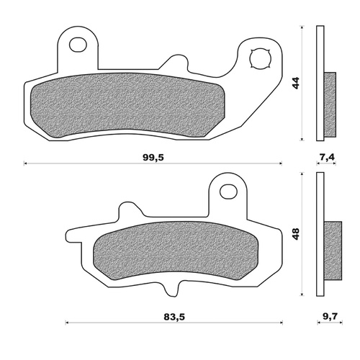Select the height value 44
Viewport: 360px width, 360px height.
coord(294,83)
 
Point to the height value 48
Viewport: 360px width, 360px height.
coord(294,233)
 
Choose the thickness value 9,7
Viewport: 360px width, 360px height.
coord(328,314)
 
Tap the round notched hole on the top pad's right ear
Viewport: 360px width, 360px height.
coord(258,58)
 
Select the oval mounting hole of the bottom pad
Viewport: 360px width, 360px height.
coord(228,191)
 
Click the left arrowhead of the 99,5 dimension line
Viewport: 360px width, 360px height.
coord(27,163)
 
